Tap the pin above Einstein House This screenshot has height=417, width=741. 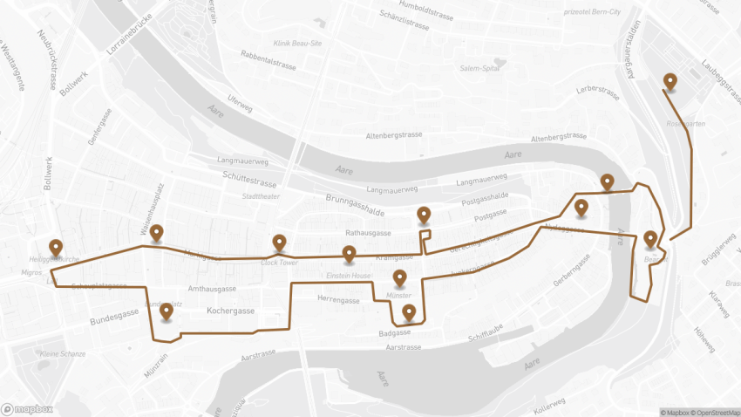tap(349, 254)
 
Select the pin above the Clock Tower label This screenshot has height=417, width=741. tap(279, 243)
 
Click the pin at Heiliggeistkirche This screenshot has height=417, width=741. tap(56, 247)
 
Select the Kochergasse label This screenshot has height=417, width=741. tap(230, 311)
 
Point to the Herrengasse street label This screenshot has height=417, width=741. tap(338, 300)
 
